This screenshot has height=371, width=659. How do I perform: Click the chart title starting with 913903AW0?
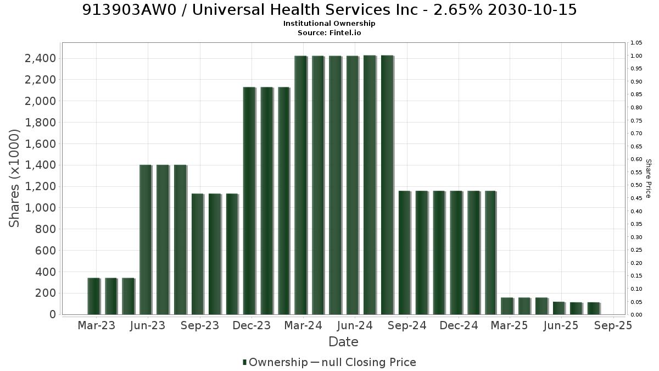[x=329, y=10]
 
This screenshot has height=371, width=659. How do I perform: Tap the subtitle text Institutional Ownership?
[x=329, y=24]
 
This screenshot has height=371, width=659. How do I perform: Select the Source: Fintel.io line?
[x=329, y=32]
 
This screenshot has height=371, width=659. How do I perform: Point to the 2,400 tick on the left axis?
[x=40, y=58]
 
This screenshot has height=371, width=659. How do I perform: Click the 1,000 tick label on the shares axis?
[x=40, y=208]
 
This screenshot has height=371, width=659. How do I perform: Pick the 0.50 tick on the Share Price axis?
[x=636, y=185]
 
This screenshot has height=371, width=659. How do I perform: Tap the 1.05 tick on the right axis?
[x=636, y=43]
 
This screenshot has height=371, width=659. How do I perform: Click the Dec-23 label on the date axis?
[x=252, y=325]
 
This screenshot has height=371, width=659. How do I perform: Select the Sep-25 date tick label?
[x=613, y=325]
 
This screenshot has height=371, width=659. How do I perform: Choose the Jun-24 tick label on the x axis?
[x=355, y=325]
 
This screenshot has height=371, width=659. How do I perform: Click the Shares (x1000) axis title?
[x=14, y=179]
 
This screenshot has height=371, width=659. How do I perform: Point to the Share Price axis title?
[x=648, y=179]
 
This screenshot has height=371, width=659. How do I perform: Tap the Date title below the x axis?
[x=343, y=342]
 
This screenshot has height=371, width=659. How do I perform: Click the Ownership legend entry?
[x=275, y=362]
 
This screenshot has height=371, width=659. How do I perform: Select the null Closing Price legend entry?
[x=364, y=362]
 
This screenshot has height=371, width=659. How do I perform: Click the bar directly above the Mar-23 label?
[x=94, y=296]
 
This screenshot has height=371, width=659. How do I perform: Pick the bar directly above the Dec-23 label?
[x=250, y=201]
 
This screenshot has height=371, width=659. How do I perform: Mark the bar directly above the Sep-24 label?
[x=405, y=253]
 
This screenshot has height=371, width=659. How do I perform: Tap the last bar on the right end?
[x=594, y=308]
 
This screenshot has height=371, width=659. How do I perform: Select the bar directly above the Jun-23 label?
[x=146, y=240]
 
